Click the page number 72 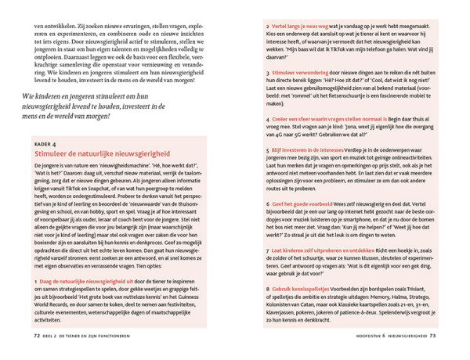click(x=36, y=337)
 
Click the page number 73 click(x=433, y=337)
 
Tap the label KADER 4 click(x=48, y=145)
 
